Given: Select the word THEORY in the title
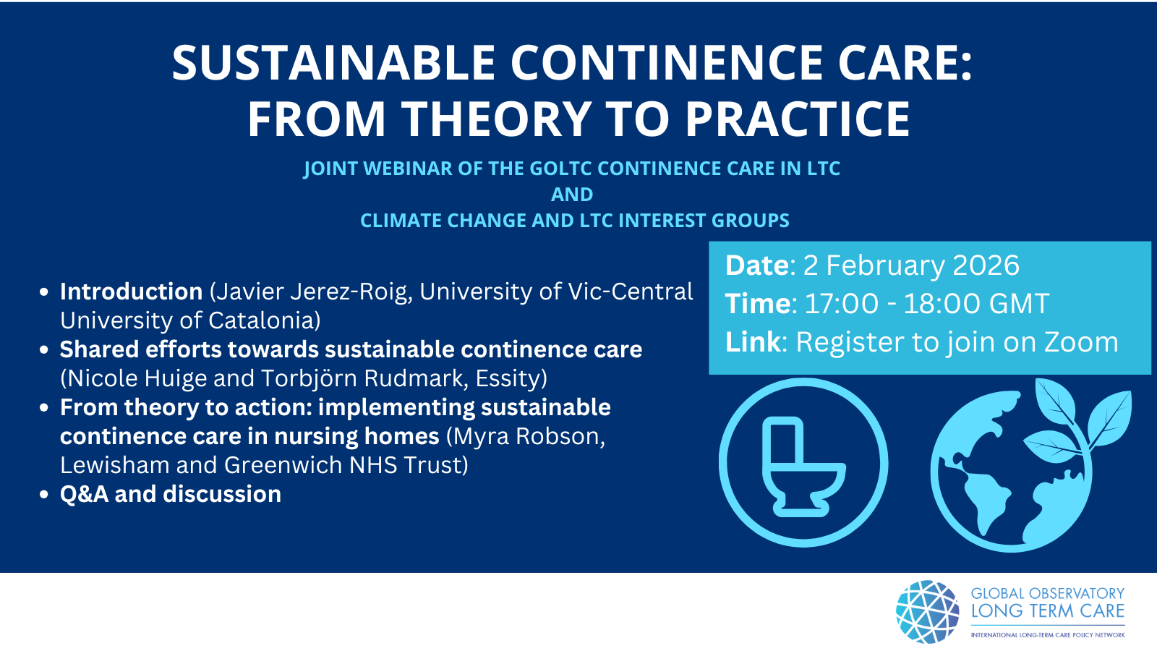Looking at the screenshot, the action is (497, 119).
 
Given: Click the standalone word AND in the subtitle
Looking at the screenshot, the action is (572, 195).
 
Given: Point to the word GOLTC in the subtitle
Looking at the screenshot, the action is (555, 169).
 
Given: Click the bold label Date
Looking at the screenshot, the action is (756, 265).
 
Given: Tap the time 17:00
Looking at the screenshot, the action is (842, 303).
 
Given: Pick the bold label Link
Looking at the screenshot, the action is (753, 342).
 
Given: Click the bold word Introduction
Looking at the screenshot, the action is (131, 292).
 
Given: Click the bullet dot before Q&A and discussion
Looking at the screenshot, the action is (44, 495).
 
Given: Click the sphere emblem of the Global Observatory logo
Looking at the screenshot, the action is (928, 611).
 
